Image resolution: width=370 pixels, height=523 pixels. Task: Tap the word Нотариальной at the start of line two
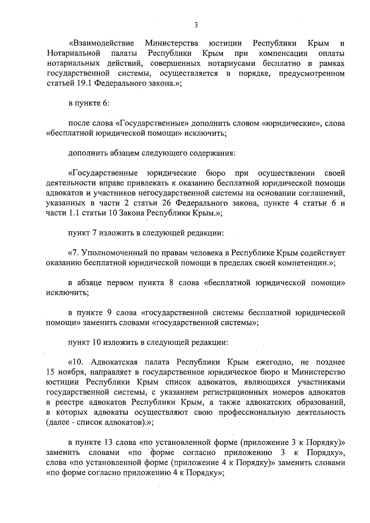tap(74, 53)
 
